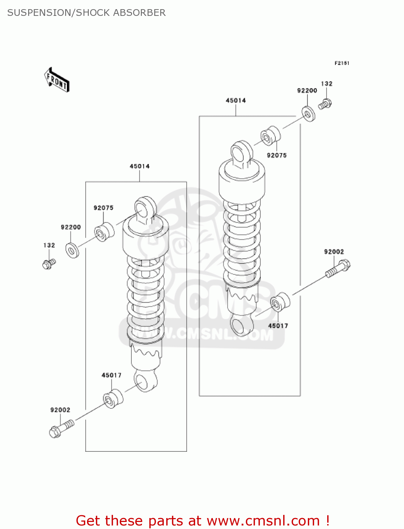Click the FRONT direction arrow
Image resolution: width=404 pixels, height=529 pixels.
tap(56, 80)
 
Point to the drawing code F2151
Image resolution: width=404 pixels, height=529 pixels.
tap(342, 63)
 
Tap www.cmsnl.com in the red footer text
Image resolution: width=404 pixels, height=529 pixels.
tap(263, 521)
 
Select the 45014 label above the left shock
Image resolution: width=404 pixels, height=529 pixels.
tap(139, 166)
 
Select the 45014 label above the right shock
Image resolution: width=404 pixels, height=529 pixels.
tap(236, 101)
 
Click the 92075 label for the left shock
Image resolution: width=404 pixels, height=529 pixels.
tap(104, 208)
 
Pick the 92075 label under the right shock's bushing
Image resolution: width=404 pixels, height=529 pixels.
tap(277, 155)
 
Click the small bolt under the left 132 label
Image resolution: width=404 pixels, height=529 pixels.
tap(49, 263)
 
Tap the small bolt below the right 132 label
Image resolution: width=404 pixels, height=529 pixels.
tap(325, 104)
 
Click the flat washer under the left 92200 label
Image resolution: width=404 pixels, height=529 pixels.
tap(72, 250)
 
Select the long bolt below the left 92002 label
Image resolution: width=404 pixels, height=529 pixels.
tap(61, 428)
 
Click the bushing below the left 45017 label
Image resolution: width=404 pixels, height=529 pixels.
tap(113, 399)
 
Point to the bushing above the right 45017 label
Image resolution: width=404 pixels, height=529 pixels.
tap(280, 302)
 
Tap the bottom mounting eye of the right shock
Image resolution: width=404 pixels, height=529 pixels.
tap(241, 325)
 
